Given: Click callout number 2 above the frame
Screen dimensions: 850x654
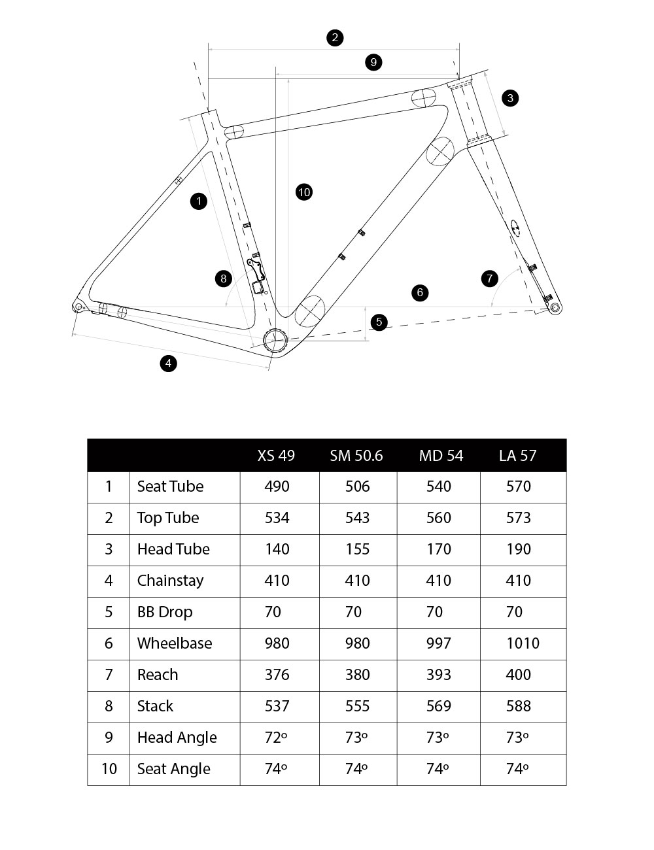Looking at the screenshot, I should pyautogui.click(x=335, y=37).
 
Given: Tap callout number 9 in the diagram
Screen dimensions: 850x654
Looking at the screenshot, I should pyautogui.click(x=373, y=62).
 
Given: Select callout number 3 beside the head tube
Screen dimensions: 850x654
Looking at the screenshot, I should pyautogui.click(x=510, y=98).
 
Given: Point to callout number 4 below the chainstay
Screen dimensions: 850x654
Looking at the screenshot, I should pyautogui.click(x=169, y=363).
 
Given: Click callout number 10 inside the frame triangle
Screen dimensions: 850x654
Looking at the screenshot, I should pyautogui.click(x=303, y=192).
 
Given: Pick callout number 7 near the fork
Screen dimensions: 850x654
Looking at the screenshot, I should pyautogui.click(x=490, y=279).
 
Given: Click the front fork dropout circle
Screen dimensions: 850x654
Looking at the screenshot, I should pyautogui.click(x=555, y=307).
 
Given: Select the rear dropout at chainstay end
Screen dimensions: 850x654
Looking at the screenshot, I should pyautogui.click(x=79, y=306).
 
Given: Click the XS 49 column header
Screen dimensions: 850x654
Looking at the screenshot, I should pyautogui.click(x=276, y=455).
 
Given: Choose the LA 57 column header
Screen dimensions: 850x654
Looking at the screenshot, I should pyautogui.click(x=517, y=455).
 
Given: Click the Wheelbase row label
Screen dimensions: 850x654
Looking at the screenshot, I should pyautogui.click(x=175, y=643).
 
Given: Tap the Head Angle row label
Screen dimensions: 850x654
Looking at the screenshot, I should pyautogui.click(x=177, y=738).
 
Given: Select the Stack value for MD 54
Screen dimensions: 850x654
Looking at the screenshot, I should pyautogui.click(x=438, y=706).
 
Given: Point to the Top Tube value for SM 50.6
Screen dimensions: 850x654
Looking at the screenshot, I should pyautogui.click(x=357, y=518).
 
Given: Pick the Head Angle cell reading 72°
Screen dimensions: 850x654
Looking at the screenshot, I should pyautogui.click(x=276, y=738).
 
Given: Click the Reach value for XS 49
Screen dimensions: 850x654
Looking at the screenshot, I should pyautogui.click(x=277, y=675).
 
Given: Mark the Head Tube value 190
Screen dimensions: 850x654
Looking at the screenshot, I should pyautogui.click(x=519, y=549).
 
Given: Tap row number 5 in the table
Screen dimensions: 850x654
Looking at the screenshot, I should pyautogui.click(x=109, y=612).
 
